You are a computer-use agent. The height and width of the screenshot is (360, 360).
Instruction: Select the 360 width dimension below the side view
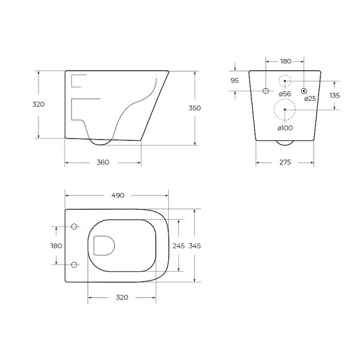click(x=103, y=163)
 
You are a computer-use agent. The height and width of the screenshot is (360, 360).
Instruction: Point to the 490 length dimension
click(x=117, y=195)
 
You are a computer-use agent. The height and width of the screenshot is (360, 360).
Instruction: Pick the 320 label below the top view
click(x=122, y=297)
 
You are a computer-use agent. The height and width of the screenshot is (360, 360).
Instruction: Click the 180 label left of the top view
click(x=56, y=246)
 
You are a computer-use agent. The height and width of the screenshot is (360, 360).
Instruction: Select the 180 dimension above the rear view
click(x=286, y=61)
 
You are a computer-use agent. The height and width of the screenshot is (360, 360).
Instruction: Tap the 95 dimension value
click(x=235, y=81)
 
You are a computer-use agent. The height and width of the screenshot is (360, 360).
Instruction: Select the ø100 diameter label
click(x=285, y=128)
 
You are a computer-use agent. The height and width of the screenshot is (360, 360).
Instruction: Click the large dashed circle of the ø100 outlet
click(x=285, y=110)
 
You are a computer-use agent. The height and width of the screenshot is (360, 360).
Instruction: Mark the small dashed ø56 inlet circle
click(x=285, y=81)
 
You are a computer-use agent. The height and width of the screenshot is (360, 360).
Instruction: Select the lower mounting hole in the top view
click(x=74, y=265)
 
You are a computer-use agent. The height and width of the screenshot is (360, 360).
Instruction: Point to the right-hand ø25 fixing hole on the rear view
click(x=304, y=91)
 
